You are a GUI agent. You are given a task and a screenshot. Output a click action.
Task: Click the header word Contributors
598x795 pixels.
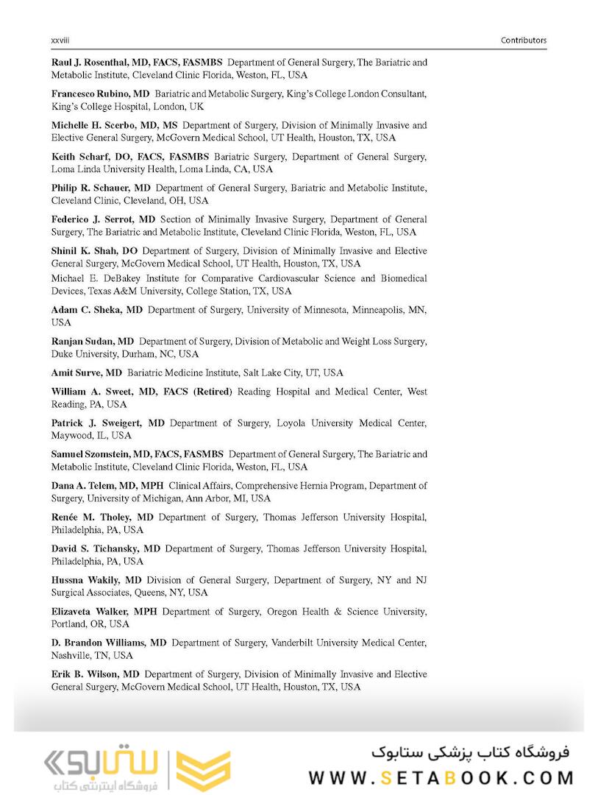(x=524, y=40)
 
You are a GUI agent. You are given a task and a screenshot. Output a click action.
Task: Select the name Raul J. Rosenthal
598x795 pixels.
(x=88, y=63)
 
